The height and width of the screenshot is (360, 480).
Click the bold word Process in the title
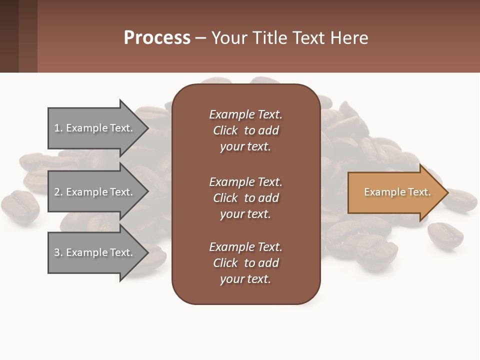point(157,38)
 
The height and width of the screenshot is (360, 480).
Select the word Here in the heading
point(349,38)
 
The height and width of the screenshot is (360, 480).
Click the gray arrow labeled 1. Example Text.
point(95,128)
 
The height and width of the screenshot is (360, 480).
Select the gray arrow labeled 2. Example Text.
point(95,192)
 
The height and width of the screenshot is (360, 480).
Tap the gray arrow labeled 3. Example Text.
point(95,252)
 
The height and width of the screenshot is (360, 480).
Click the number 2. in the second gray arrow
point(58,192)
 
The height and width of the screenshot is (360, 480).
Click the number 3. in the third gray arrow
point(58,252)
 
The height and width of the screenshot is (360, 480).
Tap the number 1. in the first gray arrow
point(58,128)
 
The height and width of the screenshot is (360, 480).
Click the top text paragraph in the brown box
point(245,130)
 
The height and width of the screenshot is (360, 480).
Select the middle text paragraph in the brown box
point(245,198)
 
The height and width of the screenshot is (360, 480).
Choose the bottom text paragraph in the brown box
point(245,263)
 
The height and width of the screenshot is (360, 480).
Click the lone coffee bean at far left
point(20,206)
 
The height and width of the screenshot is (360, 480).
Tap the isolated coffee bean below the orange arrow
point(445,235)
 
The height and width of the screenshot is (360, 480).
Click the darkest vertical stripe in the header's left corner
point(9,36)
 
